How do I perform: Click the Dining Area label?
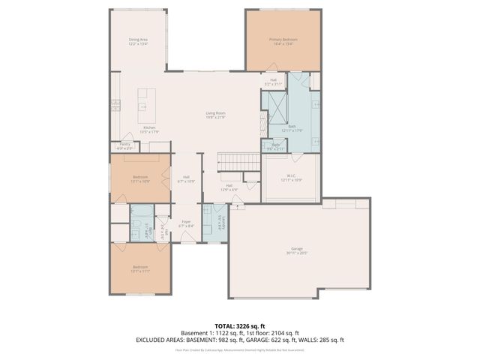(x=137, y=41)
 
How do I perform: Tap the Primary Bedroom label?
(x=283, y=41)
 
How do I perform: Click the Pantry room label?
(x=125, y=145)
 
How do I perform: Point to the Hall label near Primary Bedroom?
(x=273, y=81)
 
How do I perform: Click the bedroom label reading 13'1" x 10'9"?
(x=141, y=179)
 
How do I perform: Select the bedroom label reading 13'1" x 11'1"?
(x=141, y=268)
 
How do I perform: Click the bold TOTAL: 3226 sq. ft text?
(x=239, y=325)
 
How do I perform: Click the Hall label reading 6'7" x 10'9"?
(x=186, y=179)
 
